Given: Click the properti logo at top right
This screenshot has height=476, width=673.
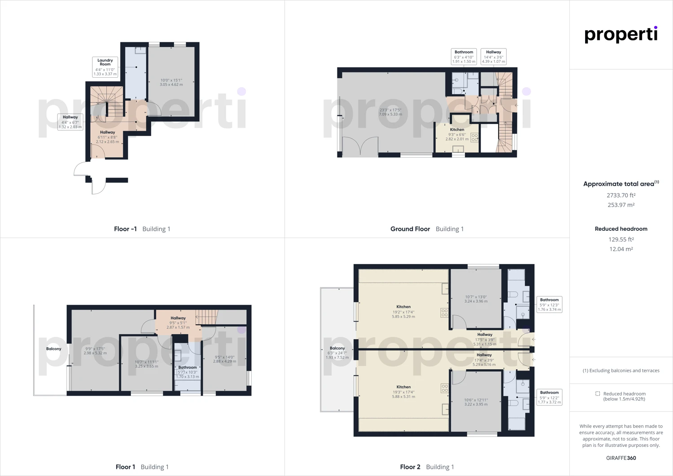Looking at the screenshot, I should click(621, 35).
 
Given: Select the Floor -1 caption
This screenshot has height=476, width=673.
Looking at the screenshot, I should click(125, 229).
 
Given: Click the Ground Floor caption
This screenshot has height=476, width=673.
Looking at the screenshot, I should click(410, 229).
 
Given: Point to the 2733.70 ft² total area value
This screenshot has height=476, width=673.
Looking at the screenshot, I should click(621, 195).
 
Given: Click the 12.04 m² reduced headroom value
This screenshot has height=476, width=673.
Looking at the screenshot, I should click(621, 249).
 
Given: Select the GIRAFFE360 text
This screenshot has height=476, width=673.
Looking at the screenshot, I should click(621, 458).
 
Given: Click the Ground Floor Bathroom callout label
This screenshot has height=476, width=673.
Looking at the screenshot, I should click(463, 57).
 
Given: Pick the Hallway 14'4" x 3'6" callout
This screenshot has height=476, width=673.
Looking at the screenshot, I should click(494, 57).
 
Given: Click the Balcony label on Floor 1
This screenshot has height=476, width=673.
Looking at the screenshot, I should click(54, 349).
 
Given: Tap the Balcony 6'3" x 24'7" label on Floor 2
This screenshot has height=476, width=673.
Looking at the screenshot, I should click(337, 353).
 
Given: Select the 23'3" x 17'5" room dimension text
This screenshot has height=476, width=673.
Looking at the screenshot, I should click(390, 112).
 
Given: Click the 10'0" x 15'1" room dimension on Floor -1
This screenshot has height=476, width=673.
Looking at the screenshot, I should click(171, 82).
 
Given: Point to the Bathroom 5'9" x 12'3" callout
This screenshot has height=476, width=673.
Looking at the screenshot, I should click(549, 304).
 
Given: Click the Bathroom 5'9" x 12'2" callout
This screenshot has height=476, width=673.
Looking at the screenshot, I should click(549, 397).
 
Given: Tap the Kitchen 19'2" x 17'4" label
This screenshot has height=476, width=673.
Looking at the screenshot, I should click(403, 312).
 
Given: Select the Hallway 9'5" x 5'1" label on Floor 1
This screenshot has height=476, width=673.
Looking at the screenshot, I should click(178, 322).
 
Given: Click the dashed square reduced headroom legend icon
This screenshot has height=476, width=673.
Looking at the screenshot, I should click(598, 394).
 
